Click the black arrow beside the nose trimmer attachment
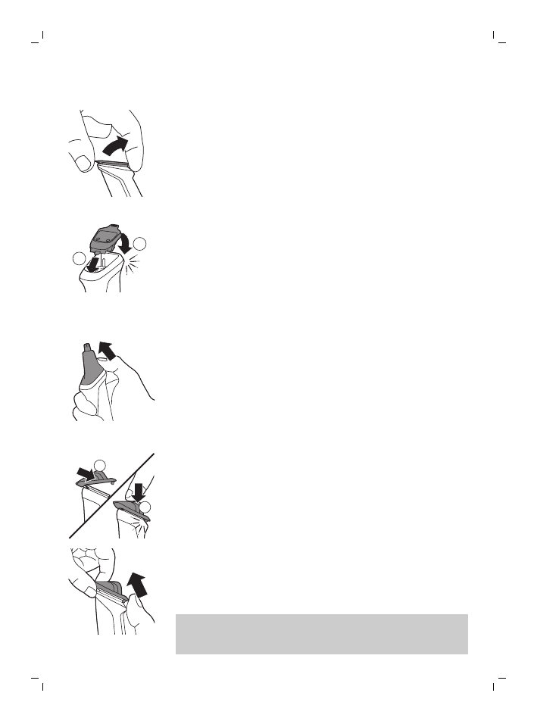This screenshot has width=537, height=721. pos(109,352)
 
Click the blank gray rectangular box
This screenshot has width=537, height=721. pos(321,633)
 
